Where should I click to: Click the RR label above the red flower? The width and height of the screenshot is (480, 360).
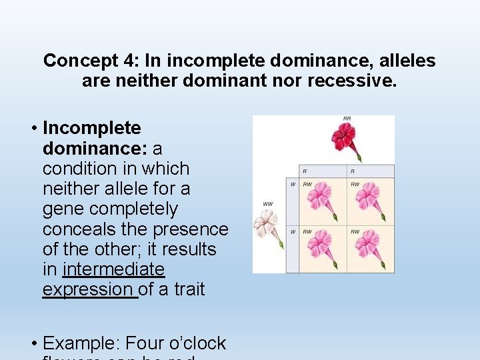(x=347, y=119)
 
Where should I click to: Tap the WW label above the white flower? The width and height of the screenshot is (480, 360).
(x=268, y=204)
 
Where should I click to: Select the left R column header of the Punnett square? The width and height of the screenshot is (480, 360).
(x=305, y=171)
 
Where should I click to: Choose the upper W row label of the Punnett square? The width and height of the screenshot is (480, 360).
(x=292, y=184)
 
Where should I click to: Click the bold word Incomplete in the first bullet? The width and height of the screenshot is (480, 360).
(x=92, y=128)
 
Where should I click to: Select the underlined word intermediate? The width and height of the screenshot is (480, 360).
(x=113, y=269)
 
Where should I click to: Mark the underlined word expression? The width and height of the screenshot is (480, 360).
(x=89, y=289)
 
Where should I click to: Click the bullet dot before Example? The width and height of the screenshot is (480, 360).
(x=34, y=343)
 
